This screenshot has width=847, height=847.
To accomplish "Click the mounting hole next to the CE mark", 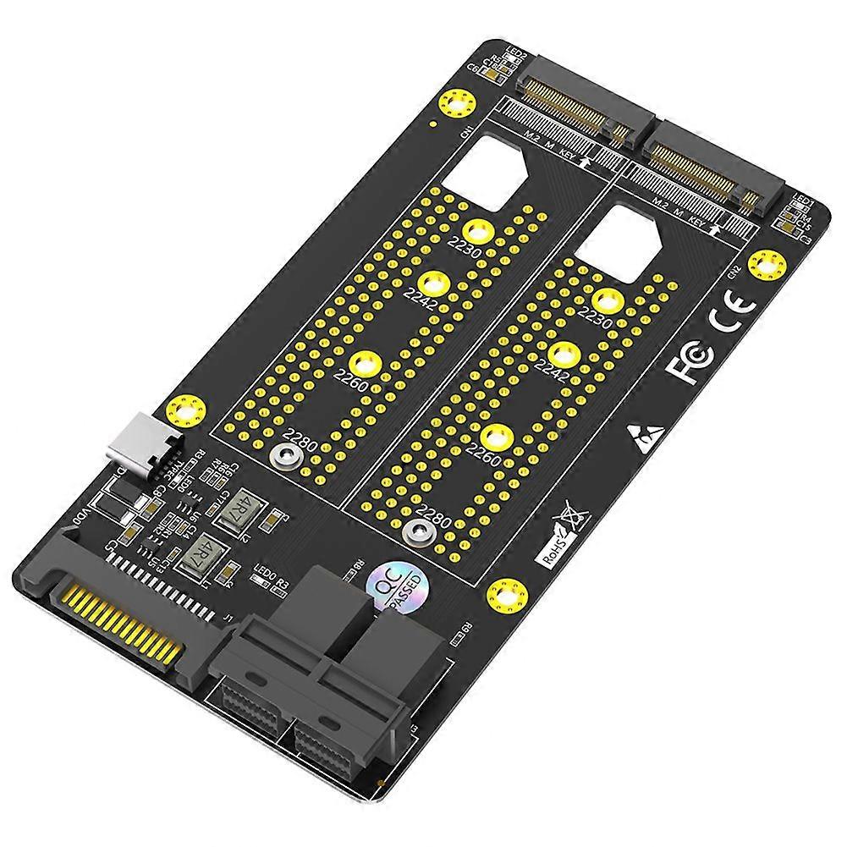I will [768, 264].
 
